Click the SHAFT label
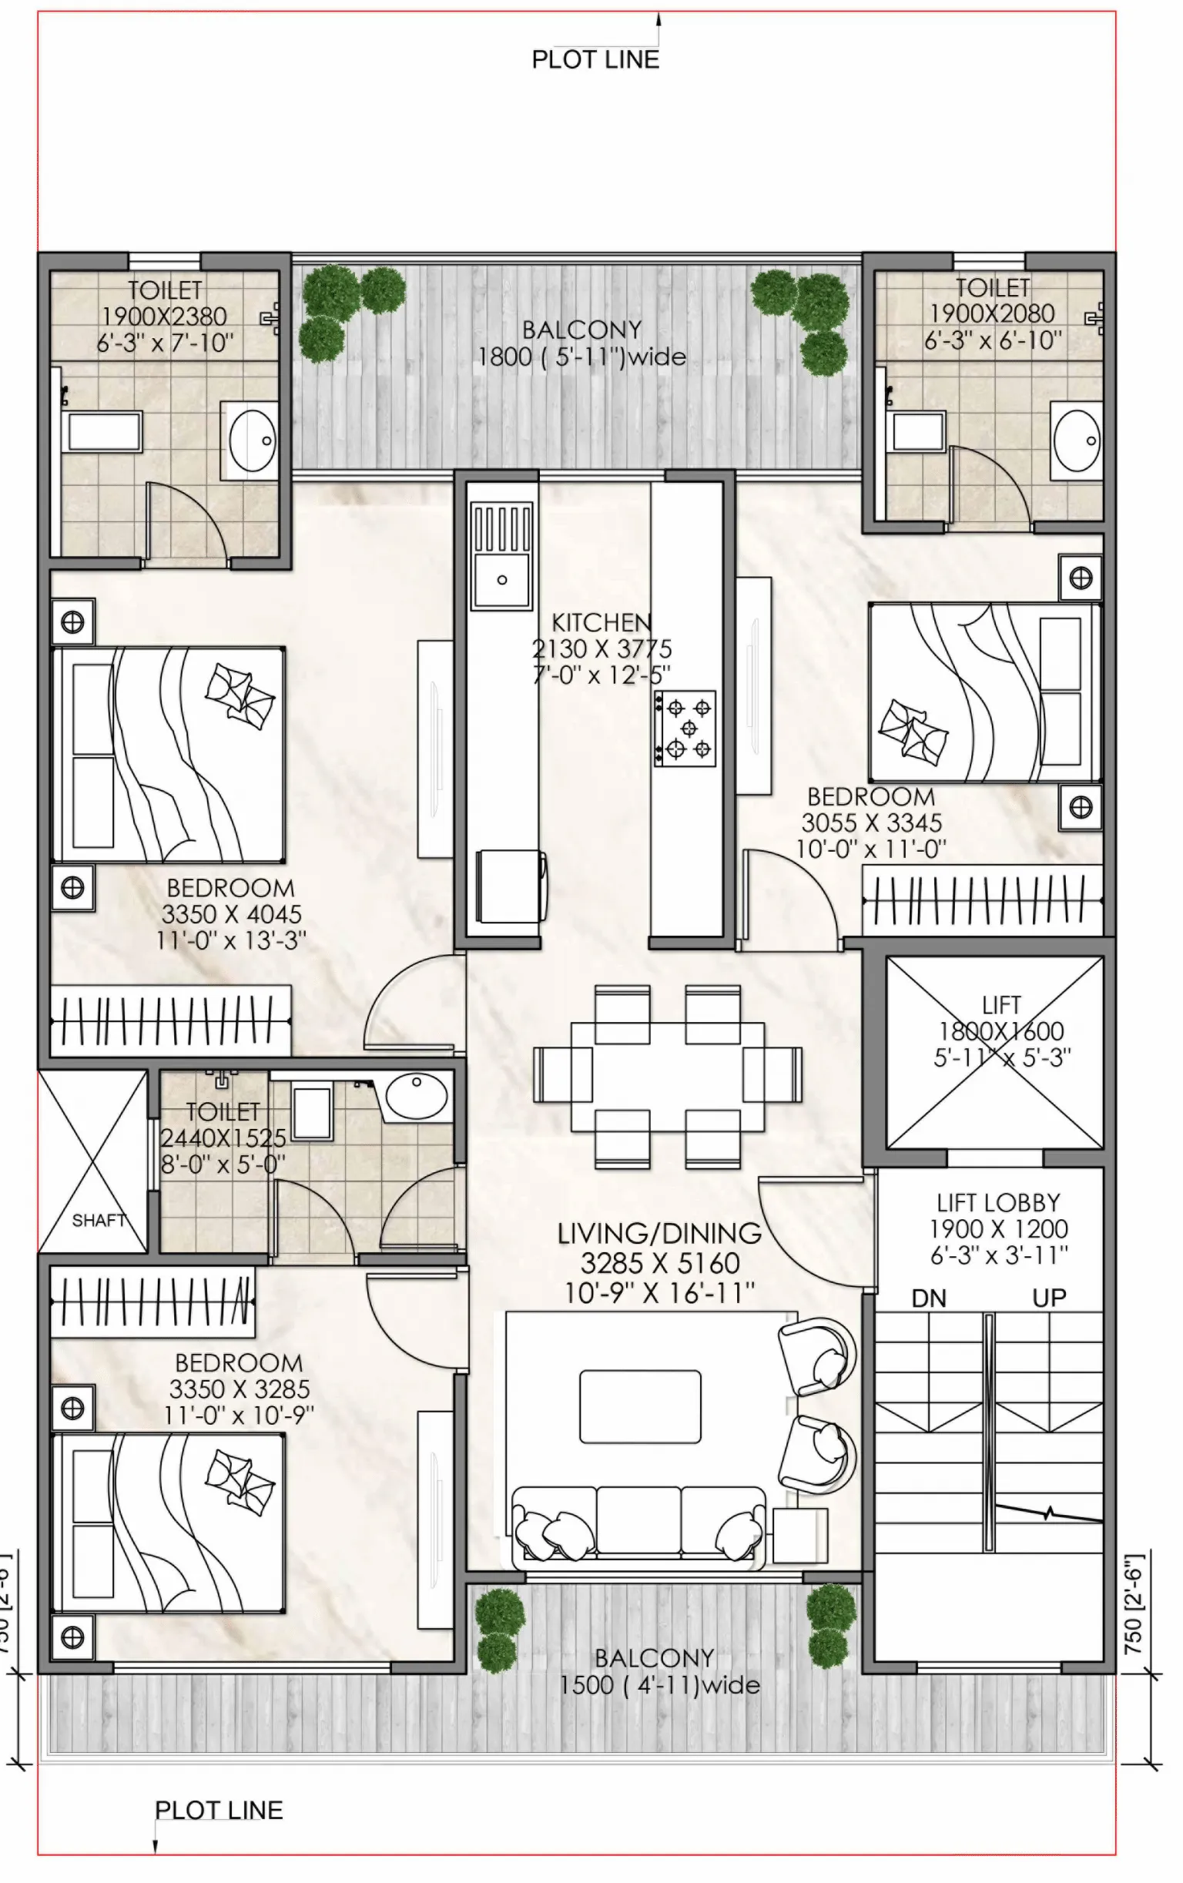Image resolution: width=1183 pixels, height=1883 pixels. click(99, 1220)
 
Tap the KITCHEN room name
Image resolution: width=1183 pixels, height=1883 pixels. click(602, 622)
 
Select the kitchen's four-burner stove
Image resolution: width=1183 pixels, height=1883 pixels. click(685, 728)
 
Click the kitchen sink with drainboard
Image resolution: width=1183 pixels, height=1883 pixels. click(501, 556)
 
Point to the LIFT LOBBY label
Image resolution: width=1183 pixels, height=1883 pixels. click(998, 1202)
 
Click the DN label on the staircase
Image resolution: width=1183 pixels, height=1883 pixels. click(929, 1299)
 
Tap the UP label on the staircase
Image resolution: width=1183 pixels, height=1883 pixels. click(1048, 1298)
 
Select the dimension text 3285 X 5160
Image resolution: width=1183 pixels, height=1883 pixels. click(659, 1263)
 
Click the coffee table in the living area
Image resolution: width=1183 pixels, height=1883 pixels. click(639, 1406)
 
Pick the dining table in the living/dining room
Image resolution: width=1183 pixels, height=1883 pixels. click(667, 1077)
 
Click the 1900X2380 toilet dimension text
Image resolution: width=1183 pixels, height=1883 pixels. click(164, 317)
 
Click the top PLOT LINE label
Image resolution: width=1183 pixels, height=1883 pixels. click(595, 59)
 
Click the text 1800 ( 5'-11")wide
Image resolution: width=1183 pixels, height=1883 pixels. click(581, 357)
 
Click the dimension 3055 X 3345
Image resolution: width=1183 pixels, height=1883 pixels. click(871, 823)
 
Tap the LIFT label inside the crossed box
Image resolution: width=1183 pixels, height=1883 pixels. click(1000, 1004)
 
